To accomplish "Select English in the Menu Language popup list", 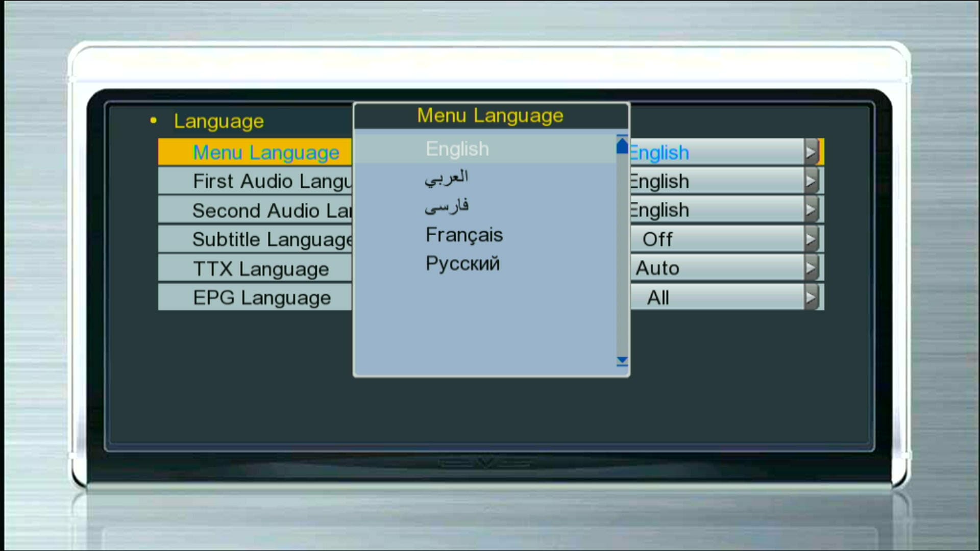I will coord(457,149).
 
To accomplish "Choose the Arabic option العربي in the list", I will coord(447,178).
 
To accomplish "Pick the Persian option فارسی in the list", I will coord(447,206).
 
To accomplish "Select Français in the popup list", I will coord(464,235).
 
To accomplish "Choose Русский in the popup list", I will coord(462,264).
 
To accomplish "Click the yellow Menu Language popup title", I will coord(490,116).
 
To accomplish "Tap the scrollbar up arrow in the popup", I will coord(622,145).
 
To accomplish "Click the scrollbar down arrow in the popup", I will coord(622,361).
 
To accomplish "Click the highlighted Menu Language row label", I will coord(266,153).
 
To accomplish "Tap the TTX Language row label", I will coord(261,269).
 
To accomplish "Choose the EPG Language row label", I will coord(262,298).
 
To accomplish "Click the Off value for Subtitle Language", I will coord(657,239).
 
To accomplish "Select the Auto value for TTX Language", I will coord(657,268).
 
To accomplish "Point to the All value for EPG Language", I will coord(658,298).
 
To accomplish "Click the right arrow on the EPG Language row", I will coord(811,297).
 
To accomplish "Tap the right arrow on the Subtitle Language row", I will coord(811,239).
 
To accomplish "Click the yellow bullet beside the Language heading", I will coord(154,121).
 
